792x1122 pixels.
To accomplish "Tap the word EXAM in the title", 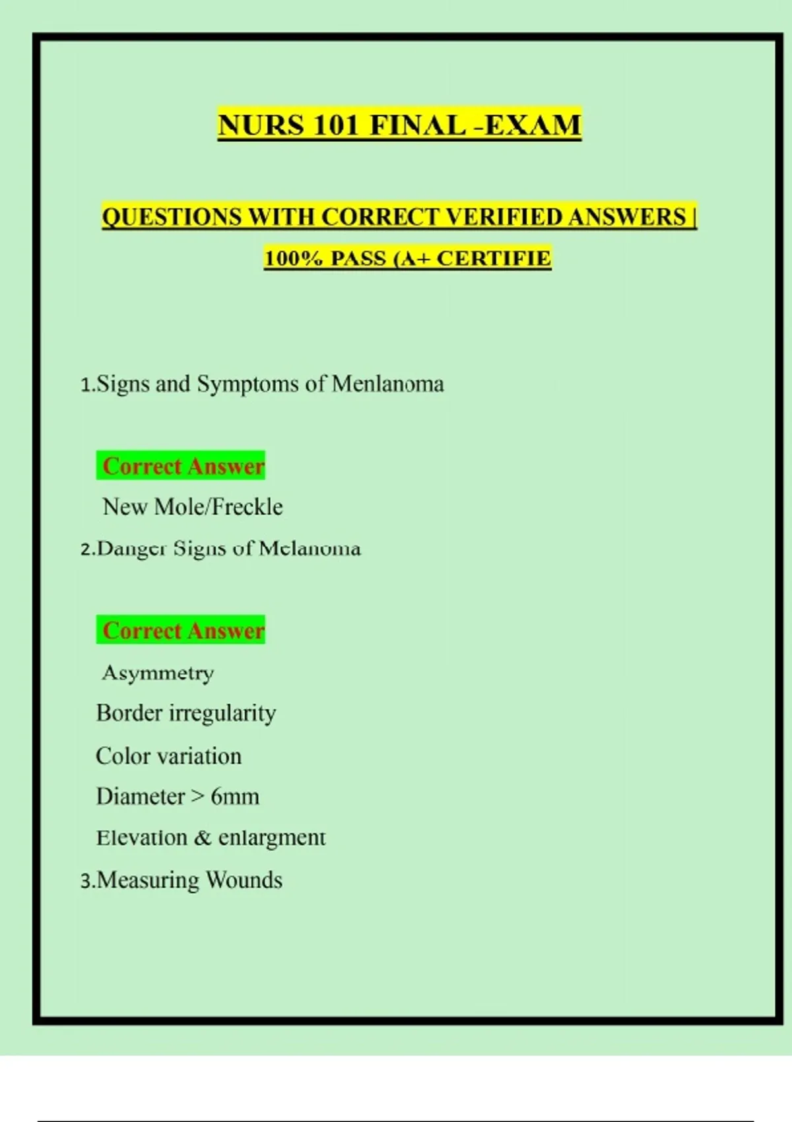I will pyautogui.click(x=533, y=125).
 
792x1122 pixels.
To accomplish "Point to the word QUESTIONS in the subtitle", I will pyautogui.click(x=172, y=217).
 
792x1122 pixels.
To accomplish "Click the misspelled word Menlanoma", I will pyautogui.click(x=388, y=383).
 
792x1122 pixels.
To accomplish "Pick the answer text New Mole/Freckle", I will pyautogui.click(x=193, y=507).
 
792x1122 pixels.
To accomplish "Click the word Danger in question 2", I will pyautogui.click(x=131, y=548).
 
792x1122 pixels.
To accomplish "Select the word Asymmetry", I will pyautogui.click(x=158, y=673).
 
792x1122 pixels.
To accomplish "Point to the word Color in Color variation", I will pyautogui.click(x=123, y=756).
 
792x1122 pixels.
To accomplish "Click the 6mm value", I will pyautogui.click(x=235, y=797).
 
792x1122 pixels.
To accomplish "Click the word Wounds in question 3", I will pyautogui.click(x=244, y=880).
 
